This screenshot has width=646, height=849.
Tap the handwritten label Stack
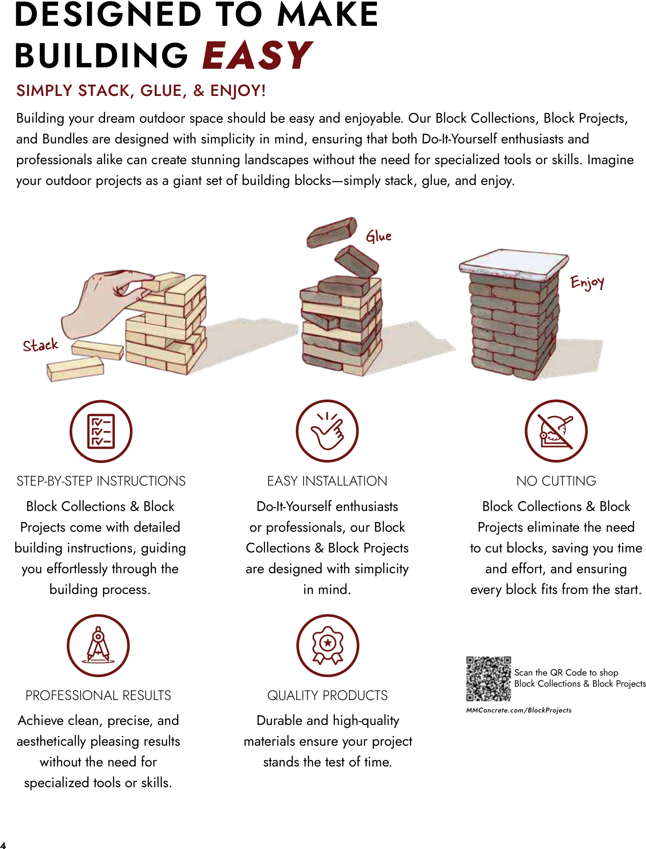coord(41,345)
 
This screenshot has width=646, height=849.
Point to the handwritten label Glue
coord(379,236)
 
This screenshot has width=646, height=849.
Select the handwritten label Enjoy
coord(587,282)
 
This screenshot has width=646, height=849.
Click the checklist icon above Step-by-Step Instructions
coord(101,431)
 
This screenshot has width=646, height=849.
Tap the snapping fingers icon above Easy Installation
coord(327,431)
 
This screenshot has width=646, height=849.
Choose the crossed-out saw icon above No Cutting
coord(556,431)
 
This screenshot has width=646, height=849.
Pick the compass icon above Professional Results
coord(98,645)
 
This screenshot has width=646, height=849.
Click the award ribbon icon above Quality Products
coord(328,645)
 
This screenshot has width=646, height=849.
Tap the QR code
coord(488,679)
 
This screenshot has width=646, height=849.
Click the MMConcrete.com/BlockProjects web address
coord(519,710)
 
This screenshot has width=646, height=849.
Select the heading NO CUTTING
coord(556,481)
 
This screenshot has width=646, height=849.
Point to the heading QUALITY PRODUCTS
coord(328,695)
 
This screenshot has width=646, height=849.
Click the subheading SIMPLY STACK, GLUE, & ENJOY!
coord(141,91)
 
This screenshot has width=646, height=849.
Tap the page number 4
coord(3,844)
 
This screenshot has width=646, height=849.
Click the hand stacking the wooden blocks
coord(106,300)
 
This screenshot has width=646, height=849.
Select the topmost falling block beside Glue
coord(332,232)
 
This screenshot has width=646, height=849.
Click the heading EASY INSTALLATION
coord(327,481)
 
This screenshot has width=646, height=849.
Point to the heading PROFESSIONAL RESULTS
coord(98,695)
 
